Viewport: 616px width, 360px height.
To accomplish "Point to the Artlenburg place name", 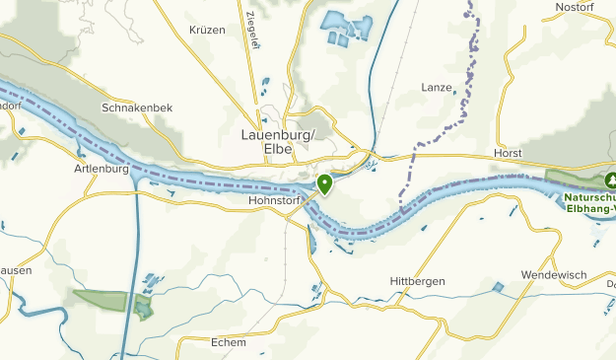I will pyautogui.click(x=102, y=169).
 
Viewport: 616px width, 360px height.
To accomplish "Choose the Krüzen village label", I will pyautogui.click(x=207, y=31).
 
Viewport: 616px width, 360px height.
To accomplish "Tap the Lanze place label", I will pyautogui.click(x=436, y=87).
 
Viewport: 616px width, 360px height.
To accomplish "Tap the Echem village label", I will pyautogui.click(x=228, y=342).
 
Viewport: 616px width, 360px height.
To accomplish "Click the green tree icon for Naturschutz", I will pyautogui.click(x=611, y=180).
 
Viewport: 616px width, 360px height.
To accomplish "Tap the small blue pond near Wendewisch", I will pyautogui.click(x=498, y=287).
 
